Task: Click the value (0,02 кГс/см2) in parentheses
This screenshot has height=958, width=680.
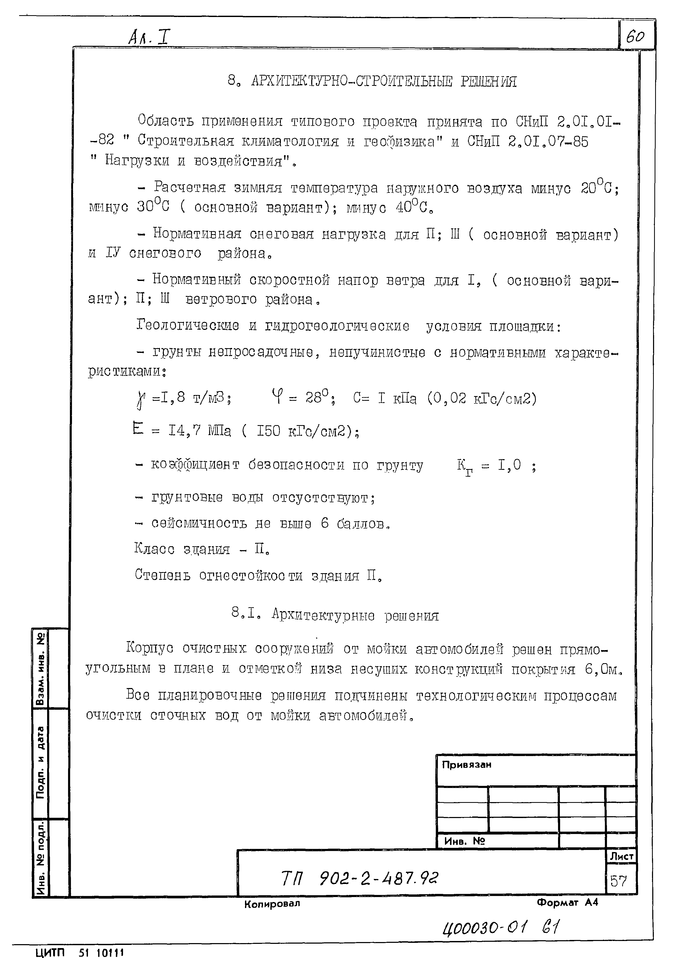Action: pyautogui.click(x=482, y=398)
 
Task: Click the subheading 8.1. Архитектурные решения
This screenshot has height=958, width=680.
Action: pyautogui.click(x=335, y=615)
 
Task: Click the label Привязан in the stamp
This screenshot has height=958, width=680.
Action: pyautogui.click(x=466, y=765)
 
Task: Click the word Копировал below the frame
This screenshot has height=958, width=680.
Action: pyautogui.click(x=272, y=904)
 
